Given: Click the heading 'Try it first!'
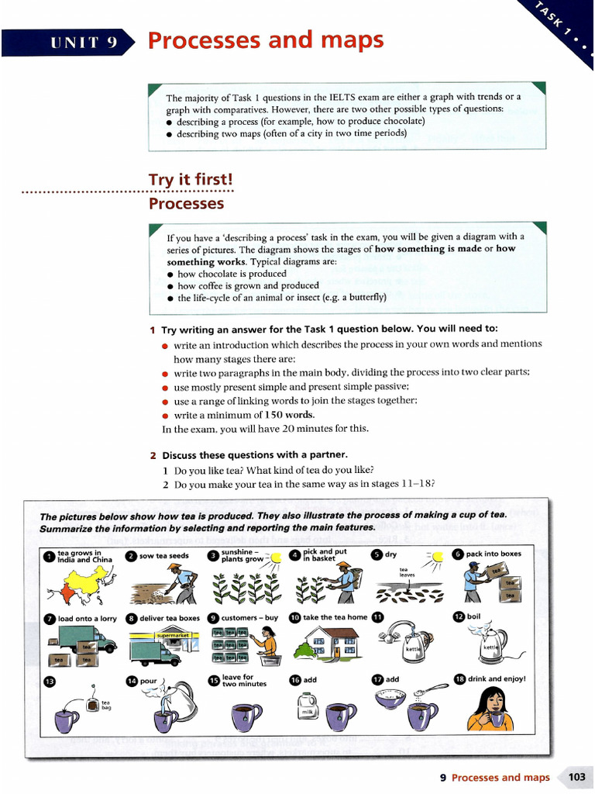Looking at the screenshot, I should [x=191, y=180].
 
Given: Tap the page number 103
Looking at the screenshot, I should [x=577, y=777].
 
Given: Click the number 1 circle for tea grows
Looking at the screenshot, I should [x=48, y=556].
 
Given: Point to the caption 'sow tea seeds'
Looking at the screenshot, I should [x=162, y=556].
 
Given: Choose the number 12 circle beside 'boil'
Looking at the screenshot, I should [x=459, y=617].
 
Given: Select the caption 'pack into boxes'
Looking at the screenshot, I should [x=494, y=554].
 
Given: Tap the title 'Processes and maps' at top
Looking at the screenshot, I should [x=266, y=40].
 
